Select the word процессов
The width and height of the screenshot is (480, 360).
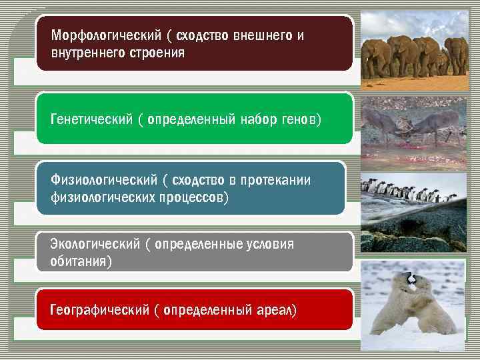point(193,198)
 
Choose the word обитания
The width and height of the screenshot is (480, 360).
point(79,261)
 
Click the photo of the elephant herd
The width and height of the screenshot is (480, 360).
point(413,53)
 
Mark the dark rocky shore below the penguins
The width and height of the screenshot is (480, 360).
point(413,230)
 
